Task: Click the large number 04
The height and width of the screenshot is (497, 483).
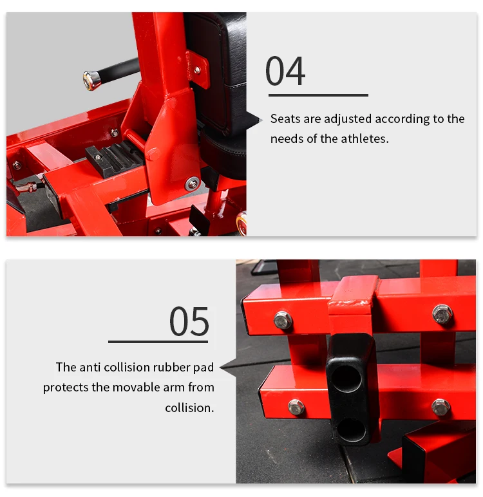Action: pos(285,71)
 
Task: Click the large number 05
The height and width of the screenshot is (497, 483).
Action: pos(189,321)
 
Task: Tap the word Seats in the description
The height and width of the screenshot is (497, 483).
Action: pos(285,119)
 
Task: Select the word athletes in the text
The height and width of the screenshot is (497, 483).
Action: pos(365,139)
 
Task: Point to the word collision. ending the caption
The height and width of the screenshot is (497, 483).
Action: pos(189,408)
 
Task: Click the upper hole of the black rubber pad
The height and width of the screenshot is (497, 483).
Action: pos(348,378)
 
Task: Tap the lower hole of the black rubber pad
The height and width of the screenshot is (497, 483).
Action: pos(352,429)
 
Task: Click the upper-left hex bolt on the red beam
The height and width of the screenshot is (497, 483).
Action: pos(283,319)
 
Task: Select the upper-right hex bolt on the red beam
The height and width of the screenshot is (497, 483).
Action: pos(442,314)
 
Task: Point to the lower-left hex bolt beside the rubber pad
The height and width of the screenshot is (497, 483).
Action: pos(296,407)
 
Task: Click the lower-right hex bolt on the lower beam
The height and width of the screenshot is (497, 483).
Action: pos(441,408)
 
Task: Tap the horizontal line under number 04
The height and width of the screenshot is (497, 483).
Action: pos(318,95)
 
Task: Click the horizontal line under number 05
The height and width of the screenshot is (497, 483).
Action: pos(158,342)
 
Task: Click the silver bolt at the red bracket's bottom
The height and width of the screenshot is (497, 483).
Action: pos(192,183)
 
